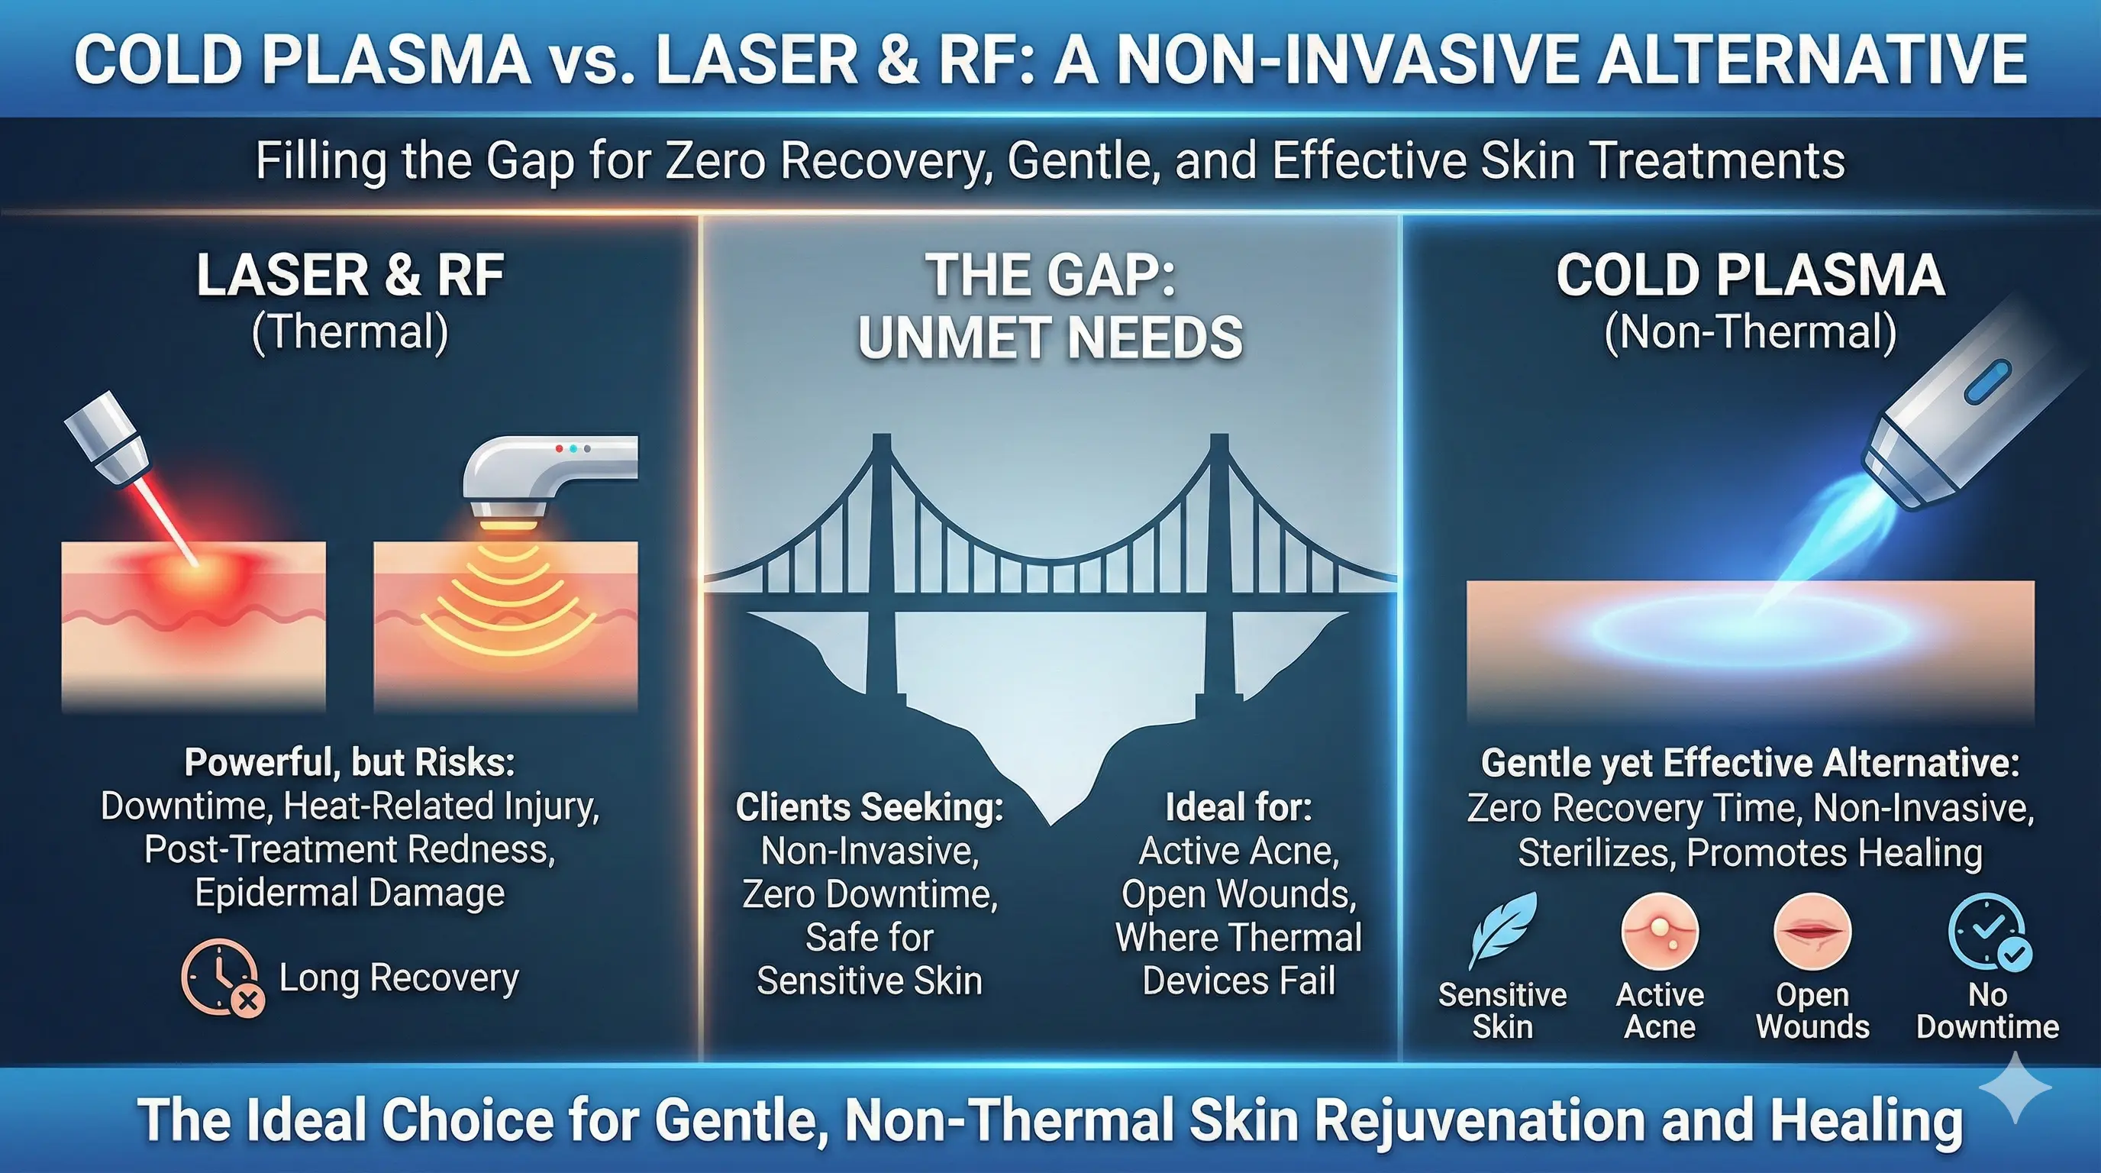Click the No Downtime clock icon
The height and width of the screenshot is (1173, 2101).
coord(1989,933)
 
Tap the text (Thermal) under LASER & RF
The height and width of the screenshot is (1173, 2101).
coord(350,333)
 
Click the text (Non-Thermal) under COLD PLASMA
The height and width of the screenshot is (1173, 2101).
coord(1751,333)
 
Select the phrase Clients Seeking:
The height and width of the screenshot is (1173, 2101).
coord(870,807)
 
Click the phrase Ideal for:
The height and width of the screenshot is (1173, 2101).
coord(1238,807)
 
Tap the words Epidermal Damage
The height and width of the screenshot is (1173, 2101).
coord(350,893)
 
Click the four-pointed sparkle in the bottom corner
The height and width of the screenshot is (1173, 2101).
coord(2015,1088)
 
